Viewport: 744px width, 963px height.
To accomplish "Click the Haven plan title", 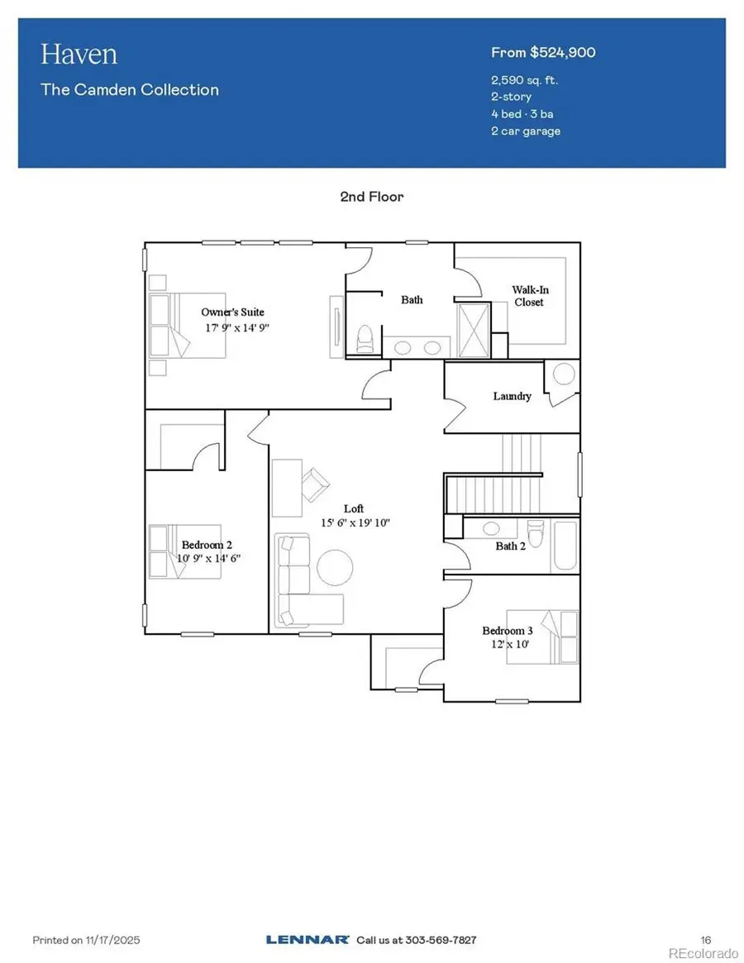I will click(79, 55).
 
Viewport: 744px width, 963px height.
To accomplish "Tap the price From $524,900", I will click(543, 53).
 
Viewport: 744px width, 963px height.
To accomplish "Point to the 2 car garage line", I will click(526, 131).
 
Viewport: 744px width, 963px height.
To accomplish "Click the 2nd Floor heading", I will click(371, 197).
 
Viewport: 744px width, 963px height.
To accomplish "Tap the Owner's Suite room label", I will click(233, 312).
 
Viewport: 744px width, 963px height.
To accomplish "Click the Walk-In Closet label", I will click(529, 296).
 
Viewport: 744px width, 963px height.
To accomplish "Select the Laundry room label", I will click(512, 396).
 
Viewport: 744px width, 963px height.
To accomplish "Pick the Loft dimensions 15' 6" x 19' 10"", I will click(354, 522).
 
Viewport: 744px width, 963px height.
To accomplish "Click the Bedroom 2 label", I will click(207, 545).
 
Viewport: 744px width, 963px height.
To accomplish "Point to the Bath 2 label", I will click(511, 546).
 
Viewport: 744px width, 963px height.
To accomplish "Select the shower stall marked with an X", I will click(474, 330).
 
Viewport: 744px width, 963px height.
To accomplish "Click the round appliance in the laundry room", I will click(564, 374).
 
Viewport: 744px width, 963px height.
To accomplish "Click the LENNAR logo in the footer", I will click(307, 940).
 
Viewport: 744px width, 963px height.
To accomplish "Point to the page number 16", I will click(706, 940).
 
